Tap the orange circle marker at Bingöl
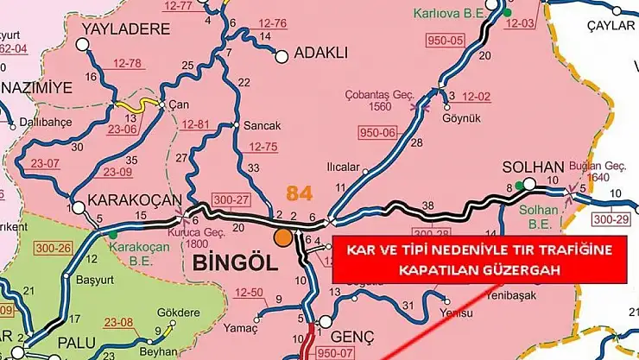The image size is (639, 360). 282,237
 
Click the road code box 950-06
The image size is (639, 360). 376,131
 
